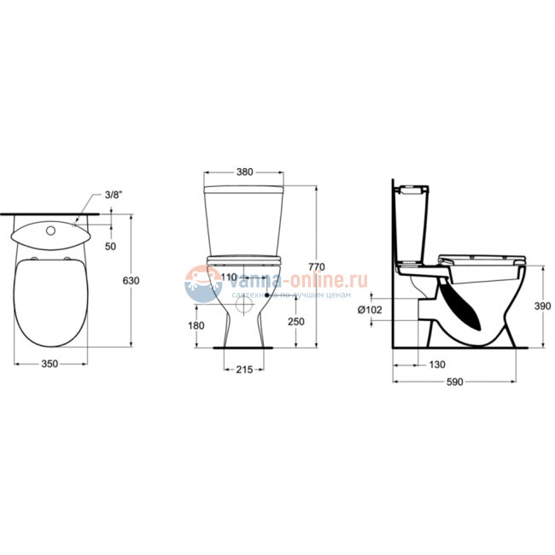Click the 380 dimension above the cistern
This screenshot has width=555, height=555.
(244, 172)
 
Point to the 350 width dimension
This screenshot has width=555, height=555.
(50, 364)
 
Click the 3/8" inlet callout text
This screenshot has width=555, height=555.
(114, 196)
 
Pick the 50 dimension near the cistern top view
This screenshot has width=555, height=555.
(110, 246)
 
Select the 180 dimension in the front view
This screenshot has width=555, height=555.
(196, 325)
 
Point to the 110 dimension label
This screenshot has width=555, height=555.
(228, 277)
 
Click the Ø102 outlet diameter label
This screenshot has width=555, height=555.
(371, 309)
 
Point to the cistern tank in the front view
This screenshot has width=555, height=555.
(244, 219)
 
